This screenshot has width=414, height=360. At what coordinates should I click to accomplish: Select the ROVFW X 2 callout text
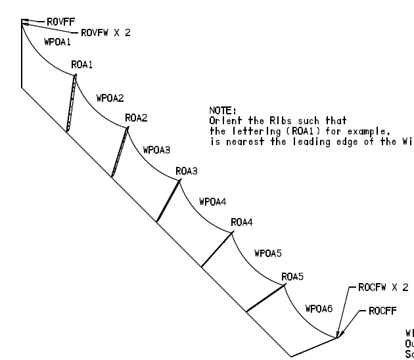click(x=105, y=32)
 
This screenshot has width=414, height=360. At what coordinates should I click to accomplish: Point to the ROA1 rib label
click(x=82, y=65)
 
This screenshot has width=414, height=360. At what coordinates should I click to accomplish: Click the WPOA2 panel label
click(x=110, y=98)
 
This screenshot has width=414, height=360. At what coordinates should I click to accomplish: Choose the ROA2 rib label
click(x=136, y=118)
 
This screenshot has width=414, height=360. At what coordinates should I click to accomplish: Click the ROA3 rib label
click(x=187, y=171)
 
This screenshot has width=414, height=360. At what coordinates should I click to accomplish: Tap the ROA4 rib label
click(x=242, y=223)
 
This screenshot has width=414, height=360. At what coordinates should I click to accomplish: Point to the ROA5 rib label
click(x=292, y=277)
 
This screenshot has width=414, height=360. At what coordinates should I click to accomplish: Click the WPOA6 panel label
click(x=319, y=308)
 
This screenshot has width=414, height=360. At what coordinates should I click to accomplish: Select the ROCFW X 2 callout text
click(x=383, y=288)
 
